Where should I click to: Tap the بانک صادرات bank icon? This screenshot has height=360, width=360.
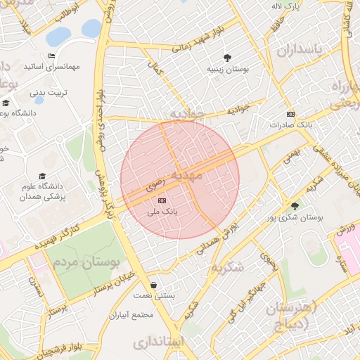click(290, 115)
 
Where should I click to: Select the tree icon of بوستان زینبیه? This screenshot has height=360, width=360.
click(226, 58)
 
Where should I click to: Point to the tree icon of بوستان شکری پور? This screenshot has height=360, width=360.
click(295, 206)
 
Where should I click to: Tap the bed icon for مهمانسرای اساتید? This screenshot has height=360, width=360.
click(51, 56)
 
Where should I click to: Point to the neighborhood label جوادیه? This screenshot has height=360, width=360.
click(185, 114)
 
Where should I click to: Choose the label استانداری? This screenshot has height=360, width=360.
click(159, 342)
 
